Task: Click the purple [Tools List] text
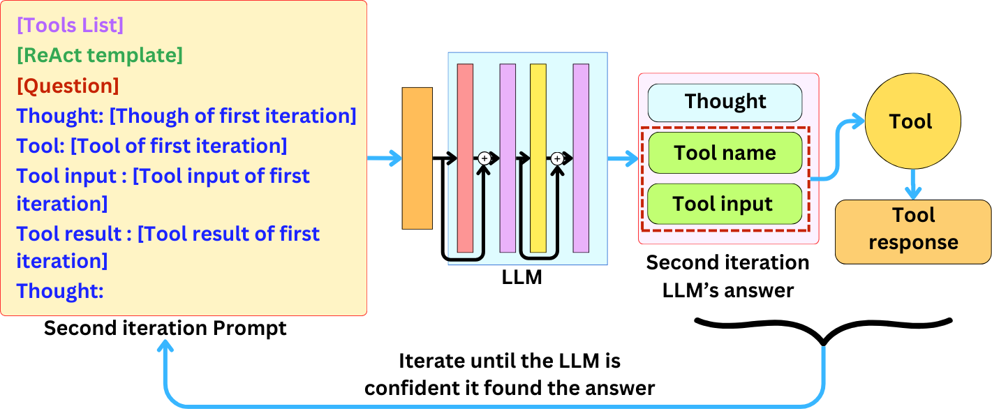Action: tap(70, 25)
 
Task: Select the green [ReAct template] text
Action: tap(99, 55)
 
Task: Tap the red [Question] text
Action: tap(68, 86)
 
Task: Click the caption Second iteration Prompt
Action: tap(165, 328)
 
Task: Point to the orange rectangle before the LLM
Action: tap(417, 158)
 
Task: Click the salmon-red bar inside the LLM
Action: tap(464, 158)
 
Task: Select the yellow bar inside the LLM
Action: tap(538, 158)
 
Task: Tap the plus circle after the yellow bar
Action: tap(557, 159)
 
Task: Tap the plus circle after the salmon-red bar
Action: tap(484, 159)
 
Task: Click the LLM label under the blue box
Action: tap(521, 277)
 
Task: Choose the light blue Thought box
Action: tap(725, 102)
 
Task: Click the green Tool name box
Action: tap(725, 153)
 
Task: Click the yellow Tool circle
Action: tap(910, 122)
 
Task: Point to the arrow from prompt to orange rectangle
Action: tap(384, 159)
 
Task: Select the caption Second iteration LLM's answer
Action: tap(727, 276)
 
